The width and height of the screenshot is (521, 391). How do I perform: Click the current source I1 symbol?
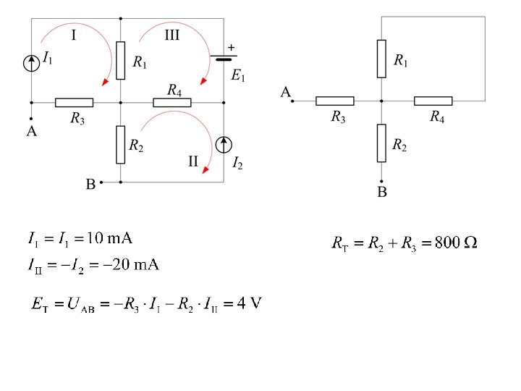[31, 64]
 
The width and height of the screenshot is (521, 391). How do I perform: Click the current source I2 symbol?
[224, 144]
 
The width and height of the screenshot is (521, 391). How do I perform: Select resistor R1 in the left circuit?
[120, 60]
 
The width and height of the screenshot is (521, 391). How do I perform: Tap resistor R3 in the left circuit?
[74, 102]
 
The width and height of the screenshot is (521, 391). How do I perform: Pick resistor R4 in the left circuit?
[172, 102]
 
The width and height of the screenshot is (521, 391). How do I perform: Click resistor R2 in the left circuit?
[120, 144]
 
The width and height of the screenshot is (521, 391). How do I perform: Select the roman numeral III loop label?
[171, 34]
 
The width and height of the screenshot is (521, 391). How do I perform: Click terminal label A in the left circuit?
[31, 131]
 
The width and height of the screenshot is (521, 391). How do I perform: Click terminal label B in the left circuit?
[90, 185]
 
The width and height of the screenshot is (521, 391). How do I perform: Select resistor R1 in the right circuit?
[381, 59]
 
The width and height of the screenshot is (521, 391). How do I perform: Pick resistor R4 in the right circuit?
[433, 101]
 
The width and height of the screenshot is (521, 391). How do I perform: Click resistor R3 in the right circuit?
[335, 101]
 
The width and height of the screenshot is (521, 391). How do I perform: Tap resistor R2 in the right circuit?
[381, 143]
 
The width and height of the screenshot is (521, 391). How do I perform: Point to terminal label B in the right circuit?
[381, 193]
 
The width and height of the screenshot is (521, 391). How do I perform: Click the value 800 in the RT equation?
[447, 243]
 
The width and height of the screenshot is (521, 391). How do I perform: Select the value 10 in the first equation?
[96, 237]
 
